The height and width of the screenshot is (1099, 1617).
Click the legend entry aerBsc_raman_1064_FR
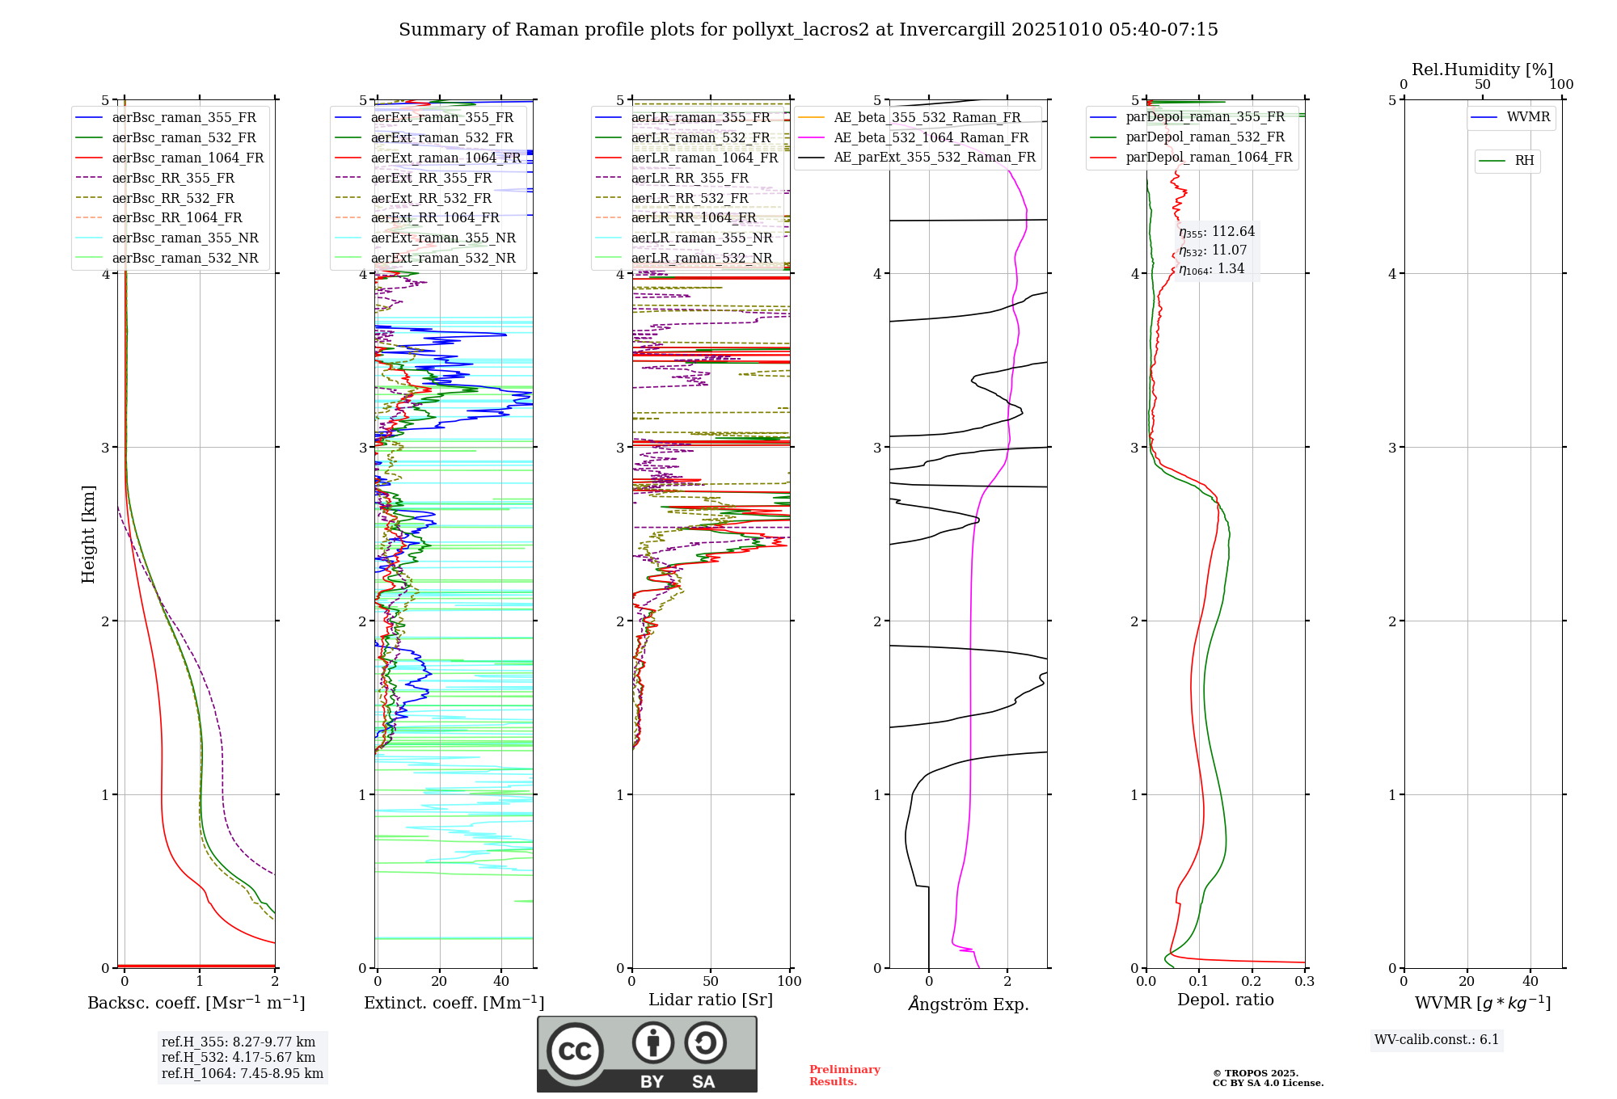point(188,158)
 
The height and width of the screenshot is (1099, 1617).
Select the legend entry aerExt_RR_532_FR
point(431,199)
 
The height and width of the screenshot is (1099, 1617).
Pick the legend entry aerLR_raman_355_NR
point(701,238)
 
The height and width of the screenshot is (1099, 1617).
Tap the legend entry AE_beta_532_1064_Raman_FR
point(931,138)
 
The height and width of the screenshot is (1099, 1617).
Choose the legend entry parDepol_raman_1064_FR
point(1209,158)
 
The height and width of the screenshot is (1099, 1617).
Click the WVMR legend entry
point(1528,117)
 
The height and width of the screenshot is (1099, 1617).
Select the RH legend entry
point(1524,161)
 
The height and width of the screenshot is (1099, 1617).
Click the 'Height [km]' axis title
point(88,534)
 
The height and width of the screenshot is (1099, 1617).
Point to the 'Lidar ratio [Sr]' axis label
point(711,1000)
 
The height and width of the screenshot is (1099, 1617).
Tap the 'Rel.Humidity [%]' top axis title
point(1482,69)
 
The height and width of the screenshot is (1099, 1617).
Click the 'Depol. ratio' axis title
point(1225,1000)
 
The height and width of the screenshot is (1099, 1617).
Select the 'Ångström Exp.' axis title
point(968,1004)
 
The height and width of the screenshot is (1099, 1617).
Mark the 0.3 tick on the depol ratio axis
point(1304,982)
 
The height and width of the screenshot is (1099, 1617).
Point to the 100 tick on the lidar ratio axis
point(789,982)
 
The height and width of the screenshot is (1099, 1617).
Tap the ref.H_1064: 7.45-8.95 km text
point(242,1074)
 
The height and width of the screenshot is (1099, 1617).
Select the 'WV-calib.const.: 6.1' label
point(1437,1040)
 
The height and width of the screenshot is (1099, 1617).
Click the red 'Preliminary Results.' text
point(844,1076)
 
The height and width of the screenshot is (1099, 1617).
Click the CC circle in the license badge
point(575,1051)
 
